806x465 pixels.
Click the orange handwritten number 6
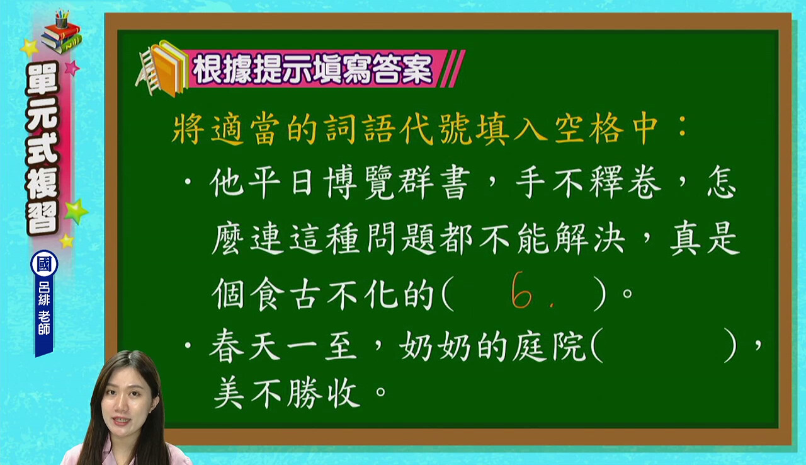(x=521, y=290)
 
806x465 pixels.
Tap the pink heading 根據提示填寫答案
(x=312, y=69)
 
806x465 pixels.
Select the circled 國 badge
(x=44, y=263)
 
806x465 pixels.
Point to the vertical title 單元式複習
(x=42, y=147)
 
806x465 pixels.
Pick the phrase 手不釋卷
(x=588, y=183)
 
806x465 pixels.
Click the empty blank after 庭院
(x=664, y=345)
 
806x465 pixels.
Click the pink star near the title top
(x=72, y=67)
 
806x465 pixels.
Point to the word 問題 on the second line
(x=400, y=239)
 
